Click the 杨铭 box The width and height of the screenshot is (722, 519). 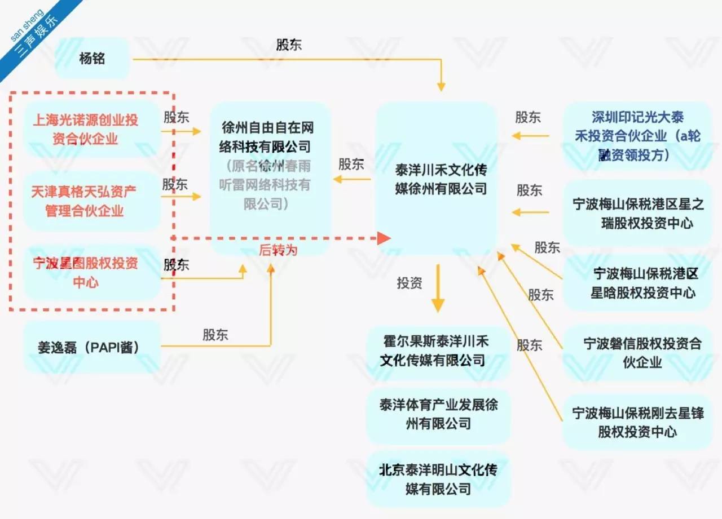tap(93, 58)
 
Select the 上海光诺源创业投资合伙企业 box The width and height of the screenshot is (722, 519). tap(85, 130)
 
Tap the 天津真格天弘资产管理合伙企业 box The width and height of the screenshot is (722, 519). tap(84, 201)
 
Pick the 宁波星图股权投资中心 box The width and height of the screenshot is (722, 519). tap(85, 272)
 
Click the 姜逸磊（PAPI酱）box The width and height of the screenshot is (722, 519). tap(89, 347)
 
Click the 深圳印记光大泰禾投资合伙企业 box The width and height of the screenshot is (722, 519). tap(637, 136)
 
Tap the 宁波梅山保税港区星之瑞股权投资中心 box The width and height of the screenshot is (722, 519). tap(637, 214)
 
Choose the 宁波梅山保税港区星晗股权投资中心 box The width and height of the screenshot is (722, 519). tap(637, 283)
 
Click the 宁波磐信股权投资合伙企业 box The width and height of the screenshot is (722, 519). tap(637, 353)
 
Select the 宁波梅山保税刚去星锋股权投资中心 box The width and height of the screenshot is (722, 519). tap(637, 422)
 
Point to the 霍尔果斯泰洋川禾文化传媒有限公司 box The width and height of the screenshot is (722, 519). tap(437, 351)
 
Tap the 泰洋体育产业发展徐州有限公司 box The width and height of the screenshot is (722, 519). tap(437, 414)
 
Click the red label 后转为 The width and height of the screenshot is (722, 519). tap(278, 250)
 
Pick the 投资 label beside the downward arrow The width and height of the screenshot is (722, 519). tap(410, 283)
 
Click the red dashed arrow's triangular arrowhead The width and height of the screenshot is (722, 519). tap(384, 238)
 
